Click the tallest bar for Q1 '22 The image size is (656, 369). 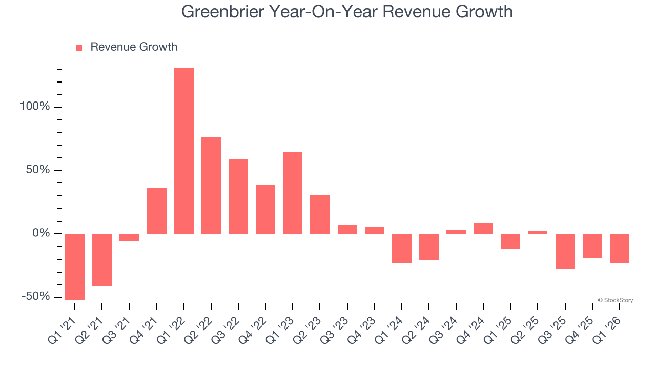tap(184, 151)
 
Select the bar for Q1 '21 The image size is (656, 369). tap(75, 266)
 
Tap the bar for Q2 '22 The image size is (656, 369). tap(211, 186)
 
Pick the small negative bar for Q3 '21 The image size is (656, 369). tap(129, 237)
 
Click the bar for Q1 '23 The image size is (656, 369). tap(293, 193)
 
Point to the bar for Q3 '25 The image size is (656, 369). tap(565, 251)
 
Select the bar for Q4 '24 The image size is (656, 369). tap(483, 229)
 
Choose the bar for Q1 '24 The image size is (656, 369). tap(402, 248)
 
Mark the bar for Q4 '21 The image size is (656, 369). tap(157, 211)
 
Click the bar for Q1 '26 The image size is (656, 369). tap(620, 248)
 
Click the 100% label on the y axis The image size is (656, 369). tap(35, 107)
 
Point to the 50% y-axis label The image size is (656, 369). tap(38, 170)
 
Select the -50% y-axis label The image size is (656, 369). tap(36, 297)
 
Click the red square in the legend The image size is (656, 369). tap(79, 48)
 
